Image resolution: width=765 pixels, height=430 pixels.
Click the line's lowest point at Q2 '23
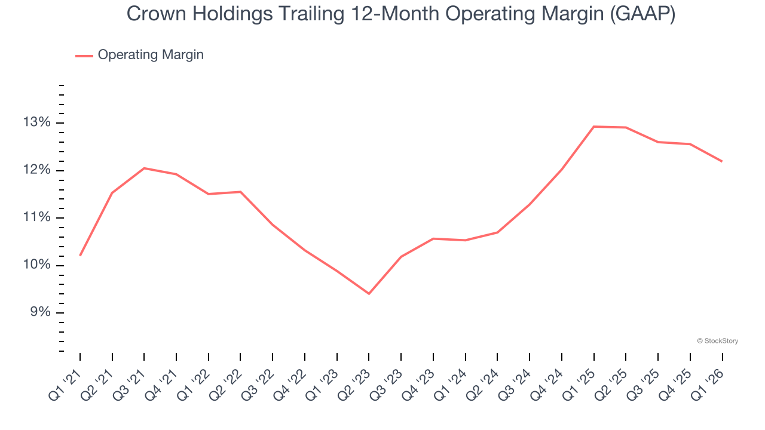369,294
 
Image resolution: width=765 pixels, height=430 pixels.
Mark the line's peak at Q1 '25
593,127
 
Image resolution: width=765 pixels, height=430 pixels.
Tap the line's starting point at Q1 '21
80,256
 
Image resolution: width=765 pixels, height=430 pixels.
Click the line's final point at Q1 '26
722,161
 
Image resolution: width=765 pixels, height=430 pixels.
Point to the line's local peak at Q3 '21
144,168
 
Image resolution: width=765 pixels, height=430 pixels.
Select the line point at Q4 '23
433,239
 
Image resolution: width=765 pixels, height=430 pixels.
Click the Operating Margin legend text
151,55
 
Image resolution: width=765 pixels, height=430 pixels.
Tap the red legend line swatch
84,56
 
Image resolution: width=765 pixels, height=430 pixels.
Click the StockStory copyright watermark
717,341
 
